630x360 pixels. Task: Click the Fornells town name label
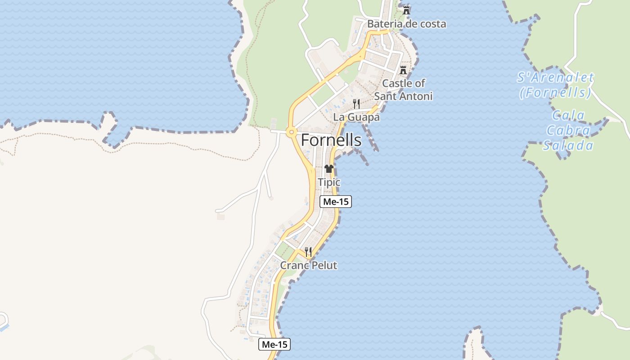coord(331,140)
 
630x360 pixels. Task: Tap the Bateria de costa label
coord(406,24)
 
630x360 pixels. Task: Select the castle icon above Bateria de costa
coord(406,10)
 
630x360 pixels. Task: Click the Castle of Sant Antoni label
coord(403,90)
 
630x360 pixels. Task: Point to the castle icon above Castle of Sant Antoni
coord(403,70)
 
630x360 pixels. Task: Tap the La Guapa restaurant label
coord(356,117)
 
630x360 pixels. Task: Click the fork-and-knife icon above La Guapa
coord(356,104)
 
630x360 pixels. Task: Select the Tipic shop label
coord(329,182)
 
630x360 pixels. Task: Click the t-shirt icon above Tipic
coord(329,169)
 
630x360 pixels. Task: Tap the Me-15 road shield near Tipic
coord(336,202)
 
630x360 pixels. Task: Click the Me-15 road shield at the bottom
coord(274,345)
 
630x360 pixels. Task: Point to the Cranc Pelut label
coord(308,265)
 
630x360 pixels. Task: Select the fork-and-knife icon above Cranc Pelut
coord(308,252)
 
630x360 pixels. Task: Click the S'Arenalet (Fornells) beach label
coord(555,85)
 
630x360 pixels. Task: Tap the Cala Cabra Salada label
coord(568,130)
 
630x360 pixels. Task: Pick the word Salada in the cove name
coord(568,145)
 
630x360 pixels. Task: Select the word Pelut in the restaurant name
coord(323,265)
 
